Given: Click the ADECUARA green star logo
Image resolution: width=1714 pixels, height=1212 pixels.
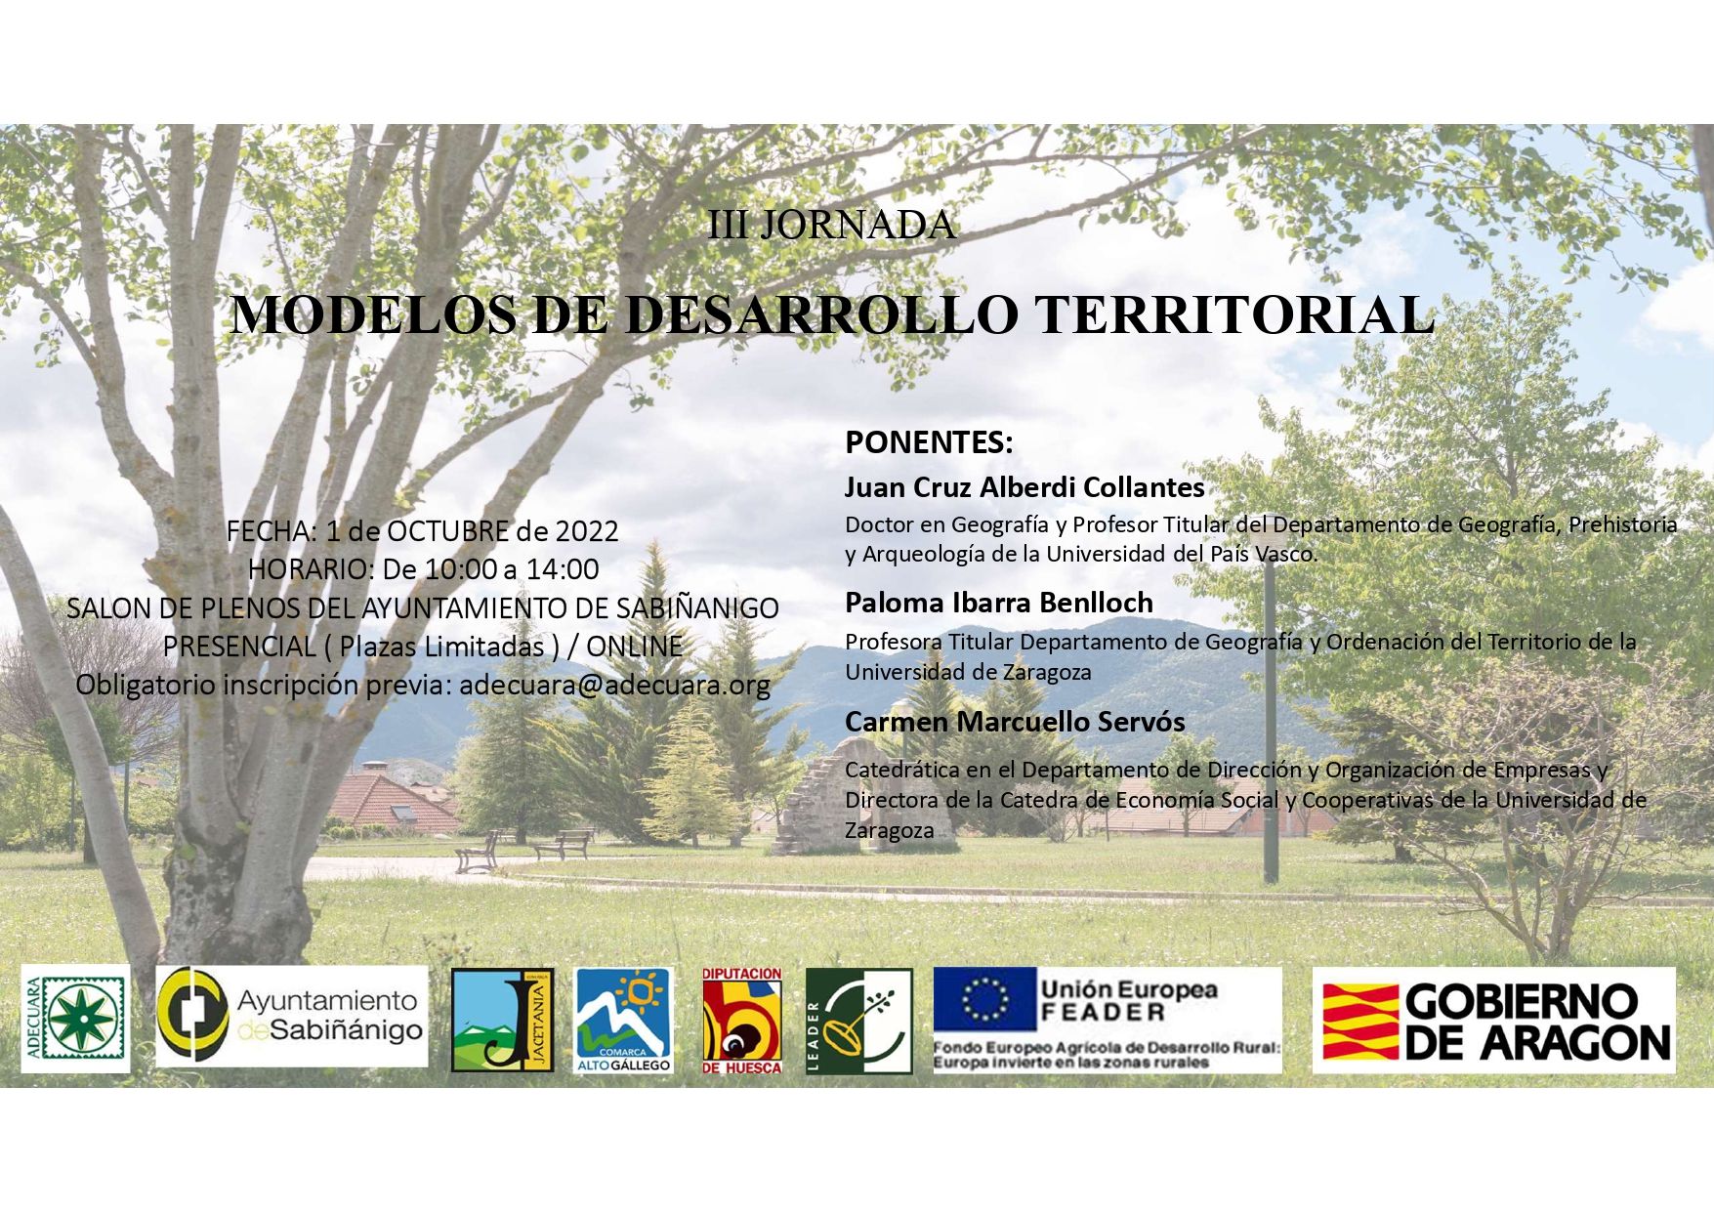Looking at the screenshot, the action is tap(75, 1019).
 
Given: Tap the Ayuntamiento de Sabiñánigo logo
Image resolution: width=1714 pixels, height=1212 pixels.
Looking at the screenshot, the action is tap(292, 1016).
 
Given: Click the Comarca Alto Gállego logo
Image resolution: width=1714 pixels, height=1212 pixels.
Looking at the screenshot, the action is tap(624, 1020).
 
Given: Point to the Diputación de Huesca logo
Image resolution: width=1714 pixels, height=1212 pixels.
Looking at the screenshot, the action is tap(742, 1021).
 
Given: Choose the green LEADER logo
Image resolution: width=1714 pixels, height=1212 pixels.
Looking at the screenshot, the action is tap(859, 1021).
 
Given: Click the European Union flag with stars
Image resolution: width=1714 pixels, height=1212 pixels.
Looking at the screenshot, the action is tap(983, 1000).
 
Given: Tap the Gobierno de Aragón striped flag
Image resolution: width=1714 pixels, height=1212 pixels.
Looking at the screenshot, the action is tap(1359, 1022).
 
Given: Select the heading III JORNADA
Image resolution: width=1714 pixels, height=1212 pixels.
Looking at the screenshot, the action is tap(831, 226).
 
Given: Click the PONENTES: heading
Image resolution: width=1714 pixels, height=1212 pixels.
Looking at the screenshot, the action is tap(929, 442).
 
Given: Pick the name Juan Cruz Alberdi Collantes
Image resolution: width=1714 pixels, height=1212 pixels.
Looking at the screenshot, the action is tap(1024, 486).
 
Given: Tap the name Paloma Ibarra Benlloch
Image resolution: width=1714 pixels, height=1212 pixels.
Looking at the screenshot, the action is tap(999, 602).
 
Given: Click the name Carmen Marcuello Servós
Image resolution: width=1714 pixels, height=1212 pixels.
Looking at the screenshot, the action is tap(1015, 722).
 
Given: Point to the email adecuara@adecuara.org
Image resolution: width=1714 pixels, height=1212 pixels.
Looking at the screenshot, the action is tap(615, 685).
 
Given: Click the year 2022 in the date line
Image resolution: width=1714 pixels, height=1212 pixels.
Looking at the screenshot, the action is tap(587, 531).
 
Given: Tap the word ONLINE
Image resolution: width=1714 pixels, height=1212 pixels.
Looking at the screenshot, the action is tap(634, 647).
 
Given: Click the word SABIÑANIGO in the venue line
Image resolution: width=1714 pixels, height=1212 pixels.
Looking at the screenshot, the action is tap(697, 608).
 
